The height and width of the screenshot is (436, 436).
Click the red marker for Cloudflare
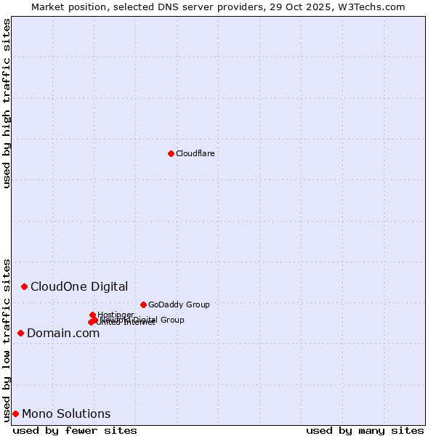click(x=171, y=153)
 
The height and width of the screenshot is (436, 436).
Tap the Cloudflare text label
click(x=195, y=153)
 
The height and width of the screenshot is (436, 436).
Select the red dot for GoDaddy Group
click(x=143, y=304)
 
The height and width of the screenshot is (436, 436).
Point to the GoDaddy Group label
click(x=179, y=304)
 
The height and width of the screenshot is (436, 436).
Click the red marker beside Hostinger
click(x=92, y=315)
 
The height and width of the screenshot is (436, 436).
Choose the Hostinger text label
click(x=116, y=314)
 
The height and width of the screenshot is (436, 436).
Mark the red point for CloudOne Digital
click(x=24, y=286)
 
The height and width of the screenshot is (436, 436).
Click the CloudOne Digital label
click(x=79, y=286)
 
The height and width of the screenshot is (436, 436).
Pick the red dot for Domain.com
click(x=20, y=333)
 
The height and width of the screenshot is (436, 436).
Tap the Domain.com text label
click(x=63, y=333)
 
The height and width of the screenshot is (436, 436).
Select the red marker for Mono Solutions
click(x=15, y=413)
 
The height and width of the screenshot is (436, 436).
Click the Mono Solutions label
click(x=66, y=413)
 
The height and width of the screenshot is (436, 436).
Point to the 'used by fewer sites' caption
click(x=75, y=430)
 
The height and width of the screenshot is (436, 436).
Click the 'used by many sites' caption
click(x=365, y=430)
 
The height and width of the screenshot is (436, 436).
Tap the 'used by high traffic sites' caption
click(x=7, y=103)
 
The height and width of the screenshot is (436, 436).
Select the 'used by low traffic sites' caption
click(x=7, y=340)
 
